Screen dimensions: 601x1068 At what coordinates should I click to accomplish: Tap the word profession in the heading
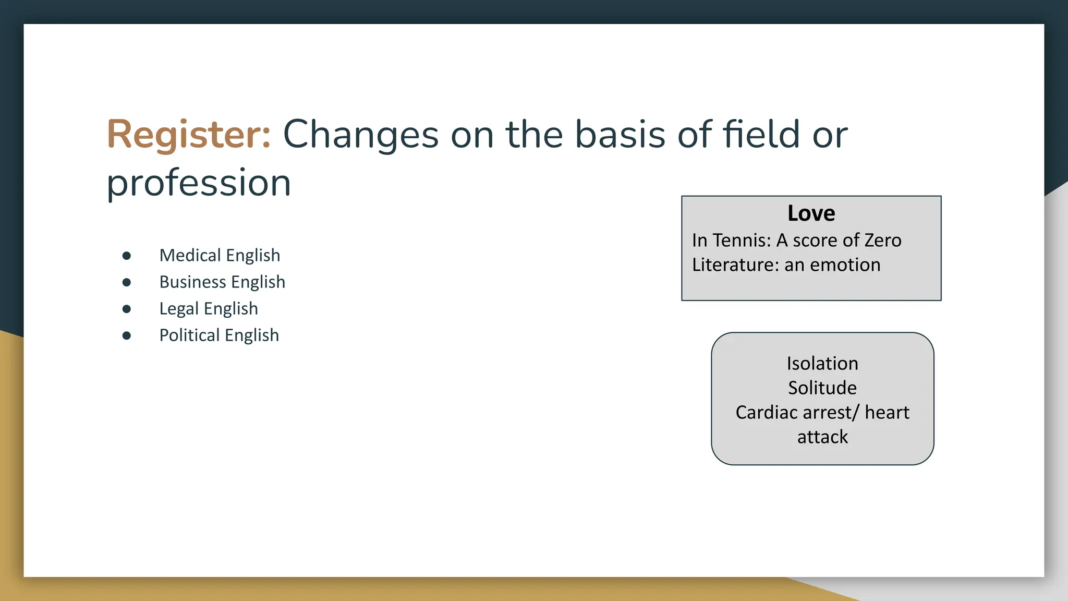coord(199,184)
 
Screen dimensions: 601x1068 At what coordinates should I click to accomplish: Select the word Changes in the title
coord(360,135)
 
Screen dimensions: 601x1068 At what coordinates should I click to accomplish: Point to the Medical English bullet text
coord(220,255)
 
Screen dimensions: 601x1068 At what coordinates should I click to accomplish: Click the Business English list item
coord(222,282)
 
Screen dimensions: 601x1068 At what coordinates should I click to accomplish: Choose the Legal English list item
coord(209,308)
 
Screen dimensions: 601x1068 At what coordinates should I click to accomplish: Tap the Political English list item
coord(219,335)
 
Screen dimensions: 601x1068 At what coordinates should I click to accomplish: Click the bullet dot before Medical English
coord(127,256)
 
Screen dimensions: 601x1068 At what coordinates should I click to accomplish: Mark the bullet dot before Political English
coord(127,335)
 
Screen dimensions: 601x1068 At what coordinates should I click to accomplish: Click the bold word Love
coord(811,213)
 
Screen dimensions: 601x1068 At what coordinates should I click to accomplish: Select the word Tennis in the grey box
coord(741,241)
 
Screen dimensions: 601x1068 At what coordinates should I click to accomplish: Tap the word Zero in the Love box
coord(882,241)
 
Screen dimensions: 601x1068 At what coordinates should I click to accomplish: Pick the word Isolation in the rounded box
coord(822,364)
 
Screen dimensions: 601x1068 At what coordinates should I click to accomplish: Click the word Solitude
coord(822,388)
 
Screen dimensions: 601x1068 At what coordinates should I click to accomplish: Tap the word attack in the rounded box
coord(822,437)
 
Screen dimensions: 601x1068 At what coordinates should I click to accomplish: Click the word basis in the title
coord(620,135)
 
